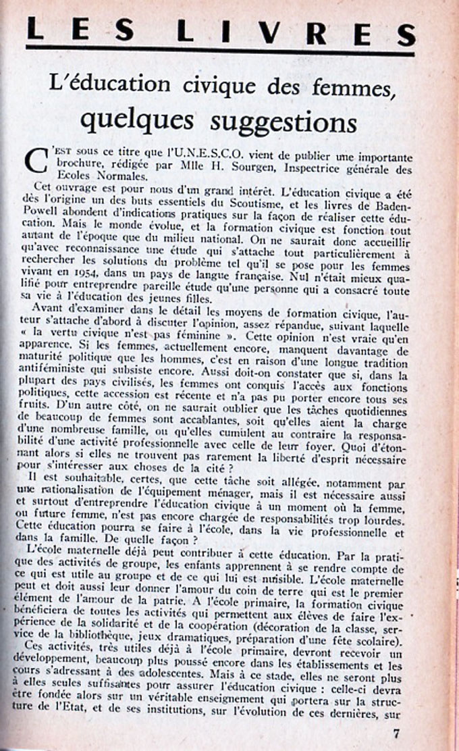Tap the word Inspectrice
tap(320, 168)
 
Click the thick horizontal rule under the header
tap(220, 51)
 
